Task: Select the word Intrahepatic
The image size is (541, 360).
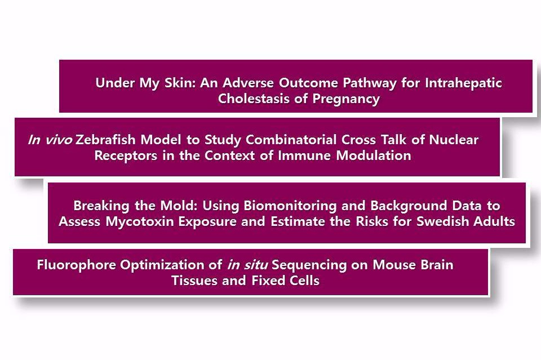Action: [x=463, y=83]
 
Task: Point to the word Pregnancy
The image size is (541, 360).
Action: [x=346, y=99]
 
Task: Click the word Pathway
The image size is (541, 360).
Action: [x=370, y=83]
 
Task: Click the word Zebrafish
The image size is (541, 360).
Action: [x=105, y=140]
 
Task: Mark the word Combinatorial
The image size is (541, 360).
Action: [x=291, y=140]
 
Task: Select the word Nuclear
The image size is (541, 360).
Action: [x=453, y=140]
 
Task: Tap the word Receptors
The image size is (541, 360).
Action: [x=126, y=156]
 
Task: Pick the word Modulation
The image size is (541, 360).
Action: [x=374, y=155]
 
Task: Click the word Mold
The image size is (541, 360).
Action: [x=179, y=206]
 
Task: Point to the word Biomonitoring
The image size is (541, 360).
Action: [x=290, y=206]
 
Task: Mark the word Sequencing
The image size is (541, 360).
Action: [x=309, y=265]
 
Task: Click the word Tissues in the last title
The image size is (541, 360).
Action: [x=194, y=281]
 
